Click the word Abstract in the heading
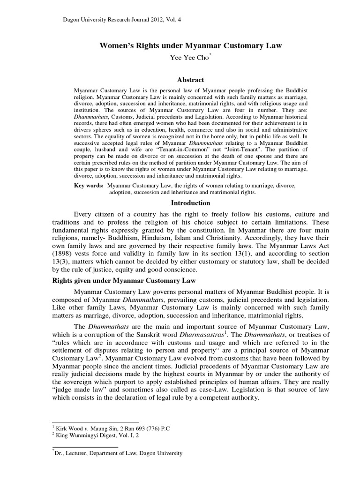[x=187, y=80]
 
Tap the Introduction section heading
[x=187, y=203]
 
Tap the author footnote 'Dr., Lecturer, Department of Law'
[x=117, y=453]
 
